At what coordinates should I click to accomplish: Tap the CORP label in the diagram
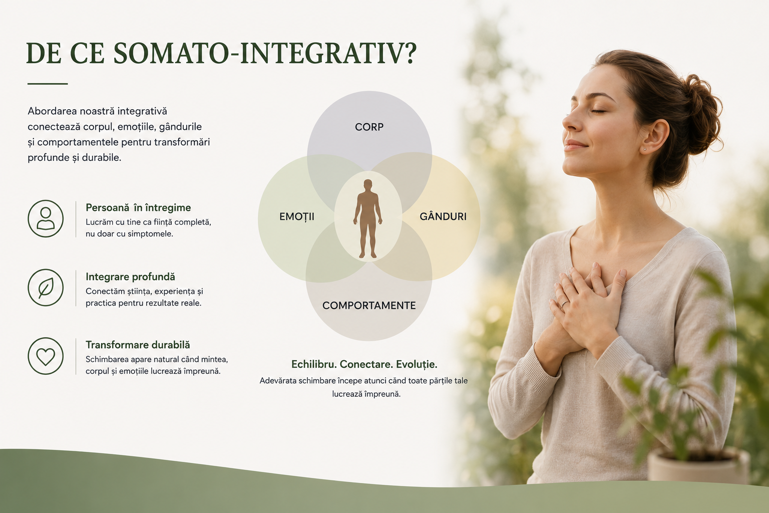(x=369, y=127)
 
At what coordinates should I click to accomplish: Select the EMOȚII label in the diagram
(x=296, y=217)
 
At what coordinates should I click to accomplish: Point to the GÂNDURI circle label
(x=443, y=216)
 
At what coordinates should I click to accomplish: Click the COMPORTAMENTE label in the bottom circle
(x=369, y=306)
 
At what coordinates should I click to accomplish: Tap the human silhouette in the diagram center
(x=368, y=218)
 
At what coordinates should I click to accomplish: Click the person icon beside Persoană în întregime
(x=46, y=218)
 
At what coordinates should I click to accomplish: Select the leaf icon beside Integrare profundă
(x=46, y=288)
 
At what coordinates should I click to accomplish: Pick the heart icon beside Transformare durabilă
(x=46, y=356)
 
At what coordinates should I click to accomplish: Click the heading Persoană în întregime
(x=138, y=208)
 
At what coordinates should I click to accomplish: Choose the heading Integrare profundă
(x=130, y=277)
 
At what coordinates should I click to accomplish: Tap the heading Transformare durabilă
(x=138, y=345)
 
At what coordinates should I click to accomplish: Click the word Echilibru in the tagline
(x=314, y=364)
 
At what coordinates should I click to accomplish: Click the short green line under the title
(x=48, y=84)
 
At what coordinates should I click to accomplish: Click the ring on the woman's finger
(x=564, y=304)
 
